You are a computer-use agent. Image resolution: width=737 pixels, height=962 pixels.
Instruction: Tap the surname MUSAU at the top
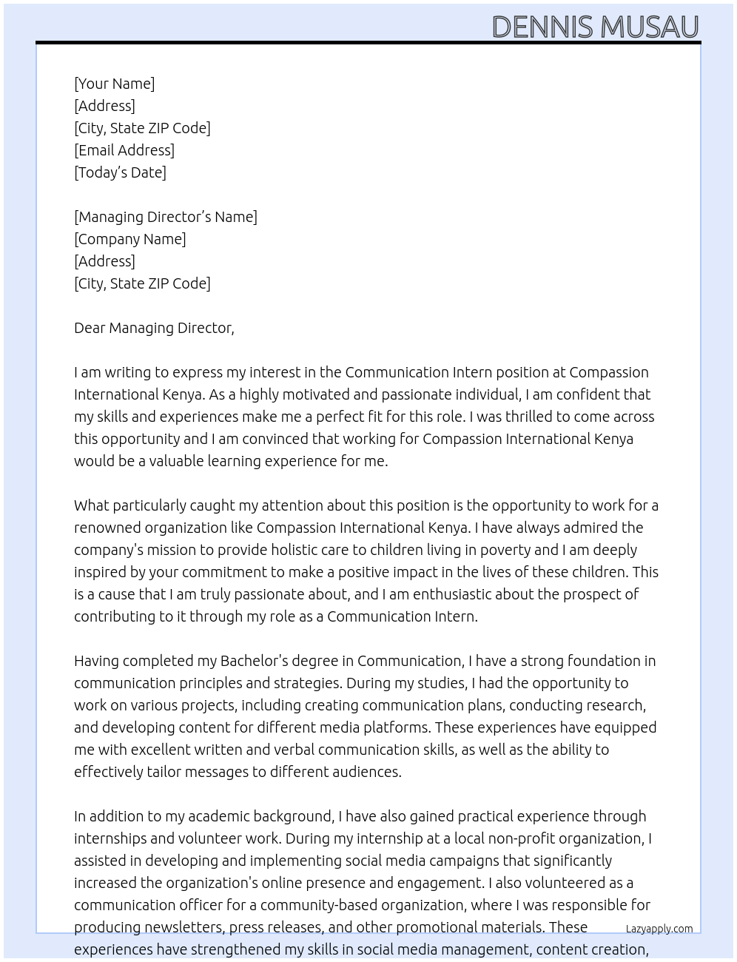(x=649, y=27)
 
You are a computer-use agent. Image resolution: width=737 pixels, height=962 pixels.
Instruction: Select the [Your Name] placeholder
(x=114, y=84)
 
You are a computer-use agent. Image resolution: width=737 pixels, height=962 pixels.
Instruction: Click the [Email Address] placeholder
(x=124, y=150)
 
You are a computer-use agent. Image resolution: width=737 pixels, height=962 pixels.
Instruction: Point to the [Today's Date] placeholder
(x=120, y=172)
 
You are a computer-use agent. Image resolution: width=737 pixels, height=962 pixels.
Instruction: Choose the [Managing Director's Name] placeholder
(x=165, y=217)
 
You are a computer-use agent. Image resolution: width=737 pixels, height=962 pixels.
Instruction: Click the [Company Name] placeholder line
(x=129, y=239)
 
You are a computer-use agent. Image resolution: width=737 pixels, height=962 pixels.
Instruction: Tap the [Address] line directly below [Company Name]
(x=104, y=261)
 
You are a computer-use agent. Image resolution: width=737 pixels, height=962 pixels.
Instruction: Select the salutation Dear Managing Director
(x=154, y=328)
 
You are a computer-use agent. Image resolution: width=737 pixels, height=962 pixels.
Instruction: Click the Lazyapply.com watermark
(x=659, y=929)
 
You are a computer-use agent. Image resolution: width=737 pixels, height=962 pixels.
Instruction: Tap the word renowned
(x=107, y=528)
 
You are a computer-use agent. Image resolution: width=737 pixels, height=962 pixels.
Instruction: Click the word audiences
(x=368, y=772)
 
